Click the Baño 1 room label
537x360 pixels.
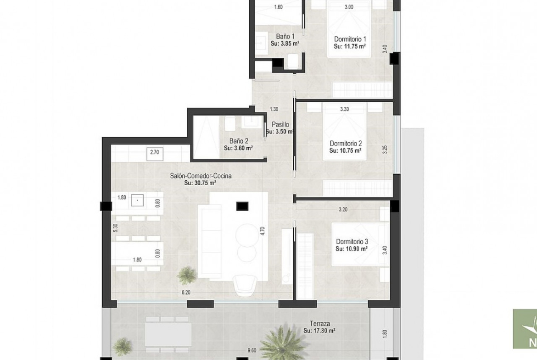click(x=285, y=36)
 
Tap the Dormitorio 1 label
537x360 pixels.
click(x=350, y=39)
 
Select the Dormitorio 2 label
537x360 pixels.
click(x=346, y=144)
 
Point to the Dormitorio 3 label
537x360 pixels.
click(x=352, y=242)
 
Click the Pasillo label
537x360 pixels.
click(x=280, y=125)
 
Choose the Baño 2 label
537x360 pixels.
click(x=239, y=141)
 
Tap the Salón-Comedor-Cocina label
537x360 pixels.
click(x=201, y=176)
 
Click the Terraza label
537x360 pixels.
click(x=319, y=323)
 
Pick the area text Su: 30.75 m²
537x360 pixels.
click(x=200, y=183)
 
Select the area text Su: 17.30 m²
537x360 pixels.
click(x=319, y=331)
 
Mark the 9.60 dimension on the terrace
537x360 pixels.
click(x=252, y=350)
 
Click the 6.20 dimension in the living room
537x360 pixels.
click(x=185, y=293)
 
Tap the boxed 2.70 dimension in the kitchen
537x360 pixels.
click(x=155, y=152)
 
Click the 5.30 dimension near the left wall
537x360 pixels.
click(x=115, y=228)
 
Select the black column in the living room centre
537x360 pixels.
click(x=242, y=205)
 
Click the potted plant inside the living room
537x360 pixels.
click(x=187, y=275)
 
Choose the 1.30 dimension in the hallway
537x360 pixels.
click(x=274, y=110)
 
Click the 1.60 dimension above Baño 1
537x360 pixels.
click(x=279, y=7)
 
